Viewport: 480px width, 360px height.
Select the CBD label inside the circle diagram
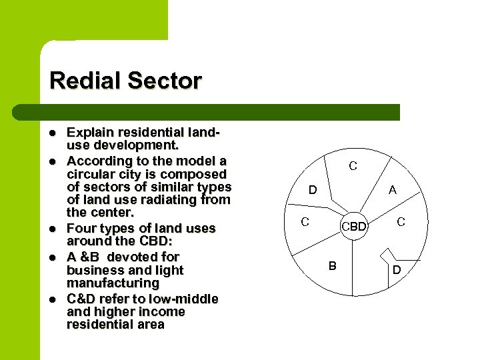pos(354,227)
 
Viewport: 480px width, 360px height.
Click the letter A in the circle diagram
pos(393,190)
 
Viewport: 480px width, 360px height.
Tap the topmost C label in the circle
pos(353,166)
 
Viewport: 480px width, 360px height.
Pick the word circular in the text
pos(89,174)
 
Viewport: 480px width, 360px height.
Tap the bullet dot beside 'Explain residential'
pos(53,133)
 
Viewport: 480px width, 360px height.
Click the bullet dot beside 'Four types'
pos(53,228)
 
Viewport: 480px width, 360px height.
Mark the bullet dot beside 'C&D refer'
pos(53,298)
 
